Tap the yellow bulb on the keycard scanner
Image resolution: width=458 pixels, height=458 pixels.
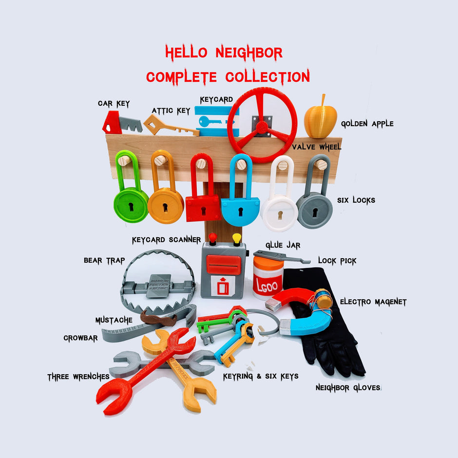237,239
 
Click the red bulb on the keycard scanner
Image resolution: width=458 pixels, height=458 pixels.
212,239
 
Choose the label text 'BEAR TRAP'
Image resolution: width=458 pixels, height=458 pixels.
104,261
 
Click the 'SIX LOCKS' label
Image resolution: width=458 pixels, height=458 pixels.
356,200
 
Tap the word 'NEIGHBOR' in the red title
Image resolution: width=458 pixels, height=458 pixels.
249,53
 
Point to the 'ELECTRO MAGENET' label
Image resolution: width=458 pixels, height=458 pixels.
373,302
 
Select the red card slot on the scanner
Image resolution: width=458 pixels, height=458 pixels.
224,265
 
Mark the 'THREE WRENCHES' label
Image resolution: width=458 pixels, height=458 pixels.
78,377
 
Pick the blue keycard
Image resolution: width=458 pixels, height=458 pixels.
216,121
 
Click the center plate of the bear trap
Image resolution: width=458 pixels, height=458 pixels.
159,286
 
